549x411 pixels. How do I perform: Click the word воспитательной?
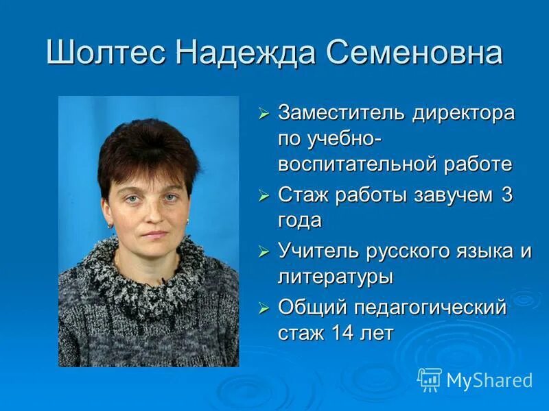pos(358,164)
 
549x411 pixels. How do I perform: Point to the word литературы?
pos(336,277)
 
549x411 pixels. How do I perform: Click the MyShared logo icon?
pos(430,379)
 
